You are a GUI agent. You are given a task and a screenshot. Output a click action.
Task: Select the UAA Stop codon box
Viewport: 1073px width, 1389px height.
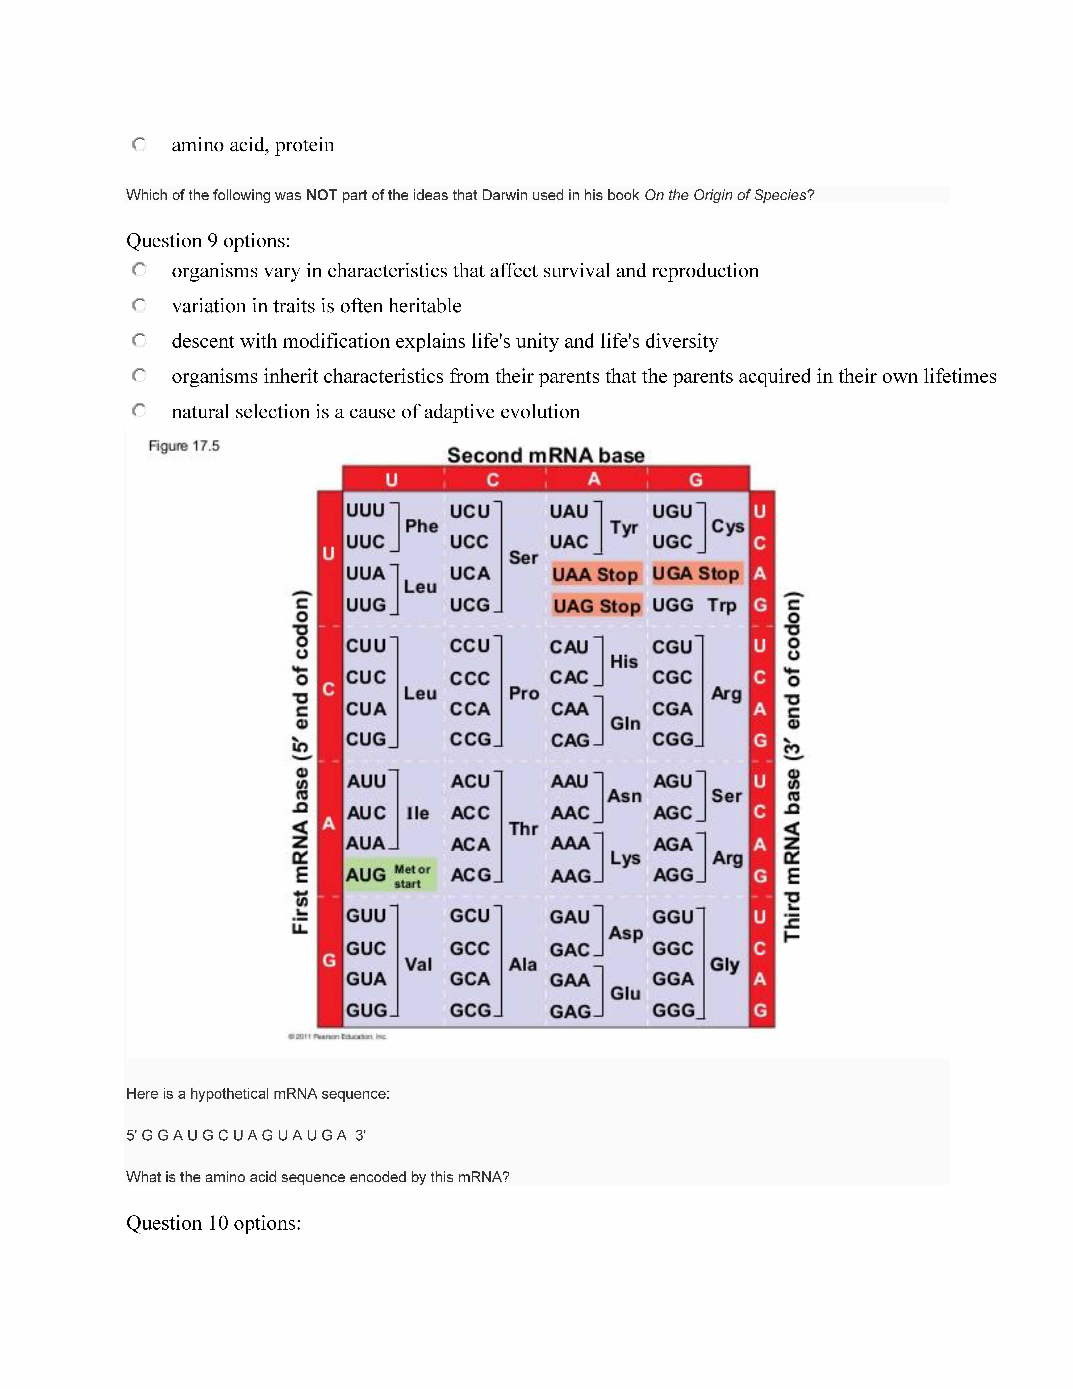pos(596,574)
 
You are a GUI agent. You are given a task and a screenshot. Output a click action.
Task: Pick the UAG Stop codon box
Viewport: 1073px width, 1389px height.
pos(597,606)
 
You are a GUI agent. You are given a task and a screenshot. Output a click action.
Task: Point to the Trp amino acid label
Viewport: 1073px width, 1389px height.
pos(722,605)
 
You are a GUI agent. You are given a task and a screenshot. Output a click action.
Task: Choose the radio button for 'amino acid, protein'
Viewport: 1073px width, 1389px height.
pos(139,144)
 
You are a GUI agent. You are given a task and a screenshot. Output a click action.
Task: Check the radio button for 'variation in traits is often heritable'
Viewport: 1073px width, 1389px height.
pos(139,305)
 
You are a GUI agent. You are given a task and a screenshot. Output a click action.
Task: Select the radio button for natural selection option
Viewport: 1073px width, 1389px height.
pos(139,411)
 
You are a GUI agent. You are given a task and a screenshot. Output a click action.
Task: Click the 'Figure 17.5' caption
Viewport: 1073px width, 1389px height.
pos(184,446)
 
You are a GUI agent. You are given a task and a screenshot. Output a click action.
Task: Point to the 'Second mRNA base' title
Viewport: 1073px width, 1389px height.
pos(545,455)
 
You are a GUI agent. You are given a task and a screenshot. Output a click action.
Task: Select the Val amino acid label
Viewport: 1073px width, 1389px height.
pos(418,964)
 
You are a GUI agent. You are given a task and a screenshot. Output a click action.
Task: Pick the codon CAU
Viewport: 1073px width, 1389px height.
pos(569,647)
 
